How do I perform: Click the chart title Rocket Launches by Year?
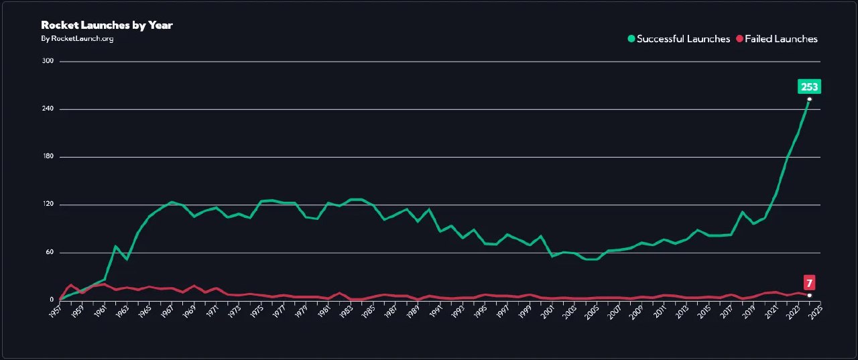[107, 25]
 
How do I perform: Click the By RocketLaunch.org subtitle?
[77, 38]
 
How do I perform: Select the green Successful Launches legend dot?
[631, 39]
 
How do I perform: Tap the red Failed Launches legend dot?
[740, 39]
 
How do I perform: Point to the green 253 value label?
[809, 86]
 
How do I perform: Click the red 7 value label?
[810, 282]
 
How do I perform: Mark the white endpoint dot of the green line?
[809, 99]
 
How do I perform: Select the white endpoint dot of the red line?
[809, 295]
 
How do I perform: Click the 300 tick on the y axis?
[47, 61]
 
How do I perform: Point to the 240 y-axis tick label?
[47, 109]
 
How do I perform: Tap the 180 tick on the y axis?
[47, 157]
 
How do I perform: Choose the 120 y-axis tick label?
[47, 204]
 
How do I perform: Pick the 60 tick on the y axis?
[48, 253]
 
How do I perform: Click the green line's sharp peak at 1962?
[115, 246]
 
